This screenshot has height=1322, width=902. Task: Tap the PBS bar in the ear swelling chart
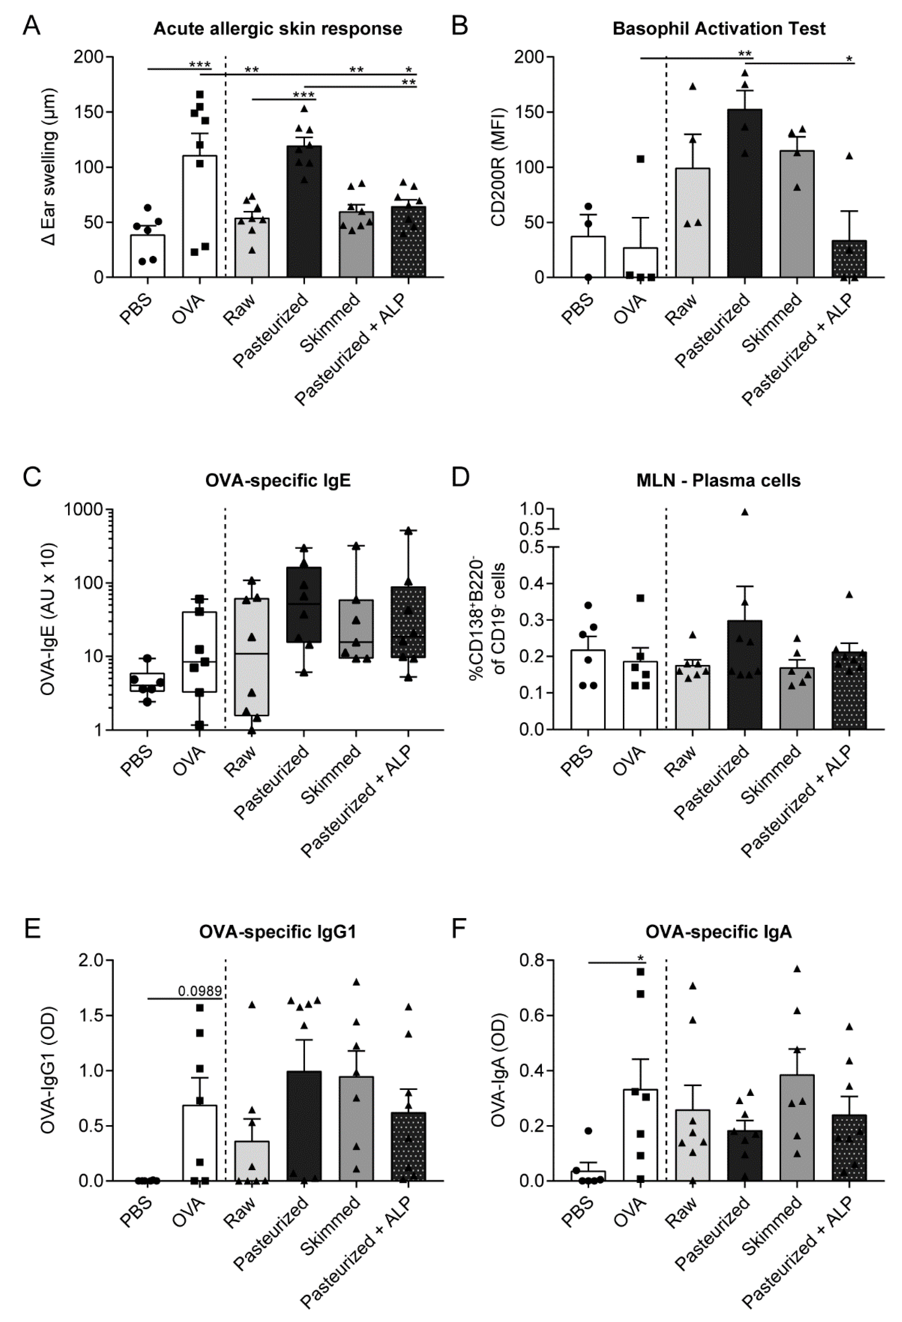(x=148, y=256)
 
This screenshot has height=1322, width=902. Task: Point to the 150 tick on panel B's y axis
(x=528, y=112)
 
